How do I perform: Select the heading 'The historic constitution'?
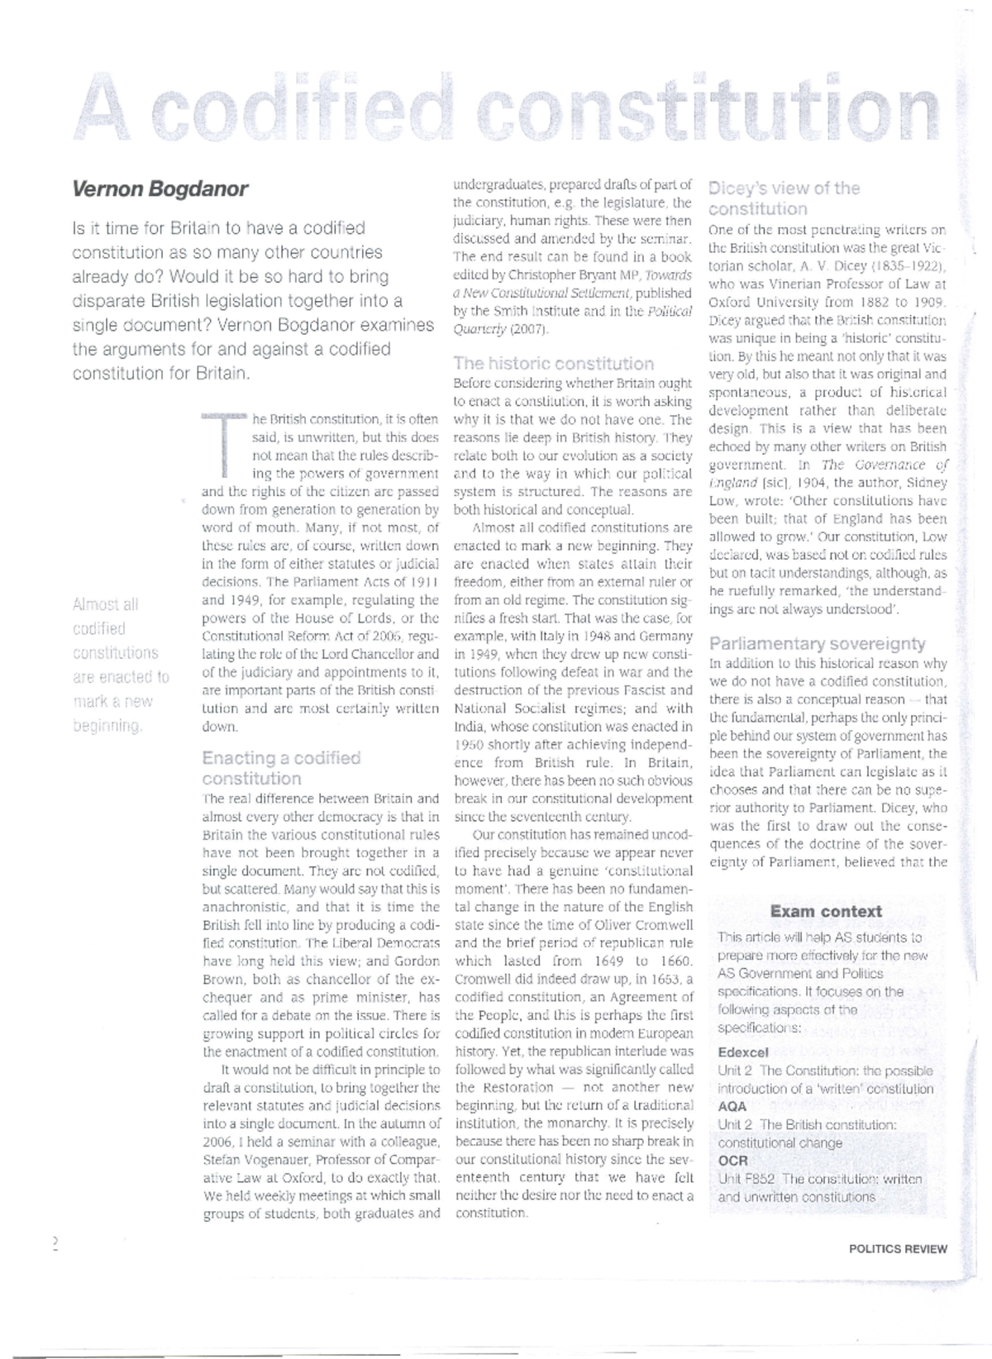553,364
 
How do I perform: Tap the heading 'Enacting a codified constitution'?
281,768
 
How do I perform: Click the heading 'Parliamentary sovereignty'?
817,644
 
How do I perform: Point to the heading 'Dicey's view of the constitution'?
783,198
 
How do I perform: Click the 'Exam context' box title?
825,912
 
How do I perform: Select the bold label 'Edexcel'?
743,1052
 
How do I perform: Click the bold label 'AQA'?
732,1106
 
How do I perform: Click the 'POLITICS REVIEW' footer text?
897,1249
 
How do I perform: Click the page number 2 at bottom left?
55,1244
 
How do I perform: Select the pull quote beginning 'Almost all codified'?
121,665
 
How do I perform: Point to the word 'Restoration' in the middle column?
517,1087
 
